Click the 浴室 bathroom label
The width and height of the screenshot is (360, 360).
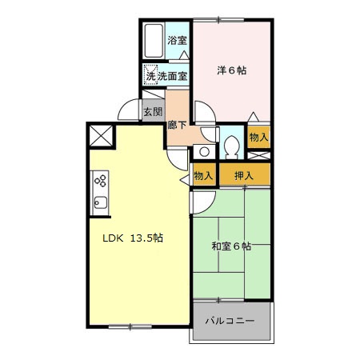point(177,41)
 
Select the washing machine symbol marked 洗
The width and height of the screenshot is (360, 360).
point(150,76)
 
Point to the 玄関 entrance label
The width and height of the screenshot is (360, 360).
point(153,112)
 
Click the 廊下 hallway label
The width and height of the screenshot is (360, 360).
point(177,125)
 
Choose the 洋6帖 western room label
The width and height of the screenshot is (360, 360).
point(232,70)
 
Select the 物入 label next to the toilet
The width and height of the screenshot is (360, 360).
point(258,138)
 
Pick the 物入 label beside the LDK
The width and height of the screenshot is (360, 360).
point(203,175)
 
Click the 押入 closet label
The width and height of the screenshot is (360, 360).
point(244,175)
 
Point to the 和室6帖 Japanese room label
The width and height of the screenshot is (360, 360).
point(232,246)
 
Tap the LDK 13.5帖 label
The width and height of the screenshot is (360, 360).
point(132,238)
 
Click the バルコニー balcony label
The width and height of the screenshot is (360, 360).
point(230,320)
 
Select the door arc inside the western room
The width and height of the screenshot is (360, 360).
point(202,110)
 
